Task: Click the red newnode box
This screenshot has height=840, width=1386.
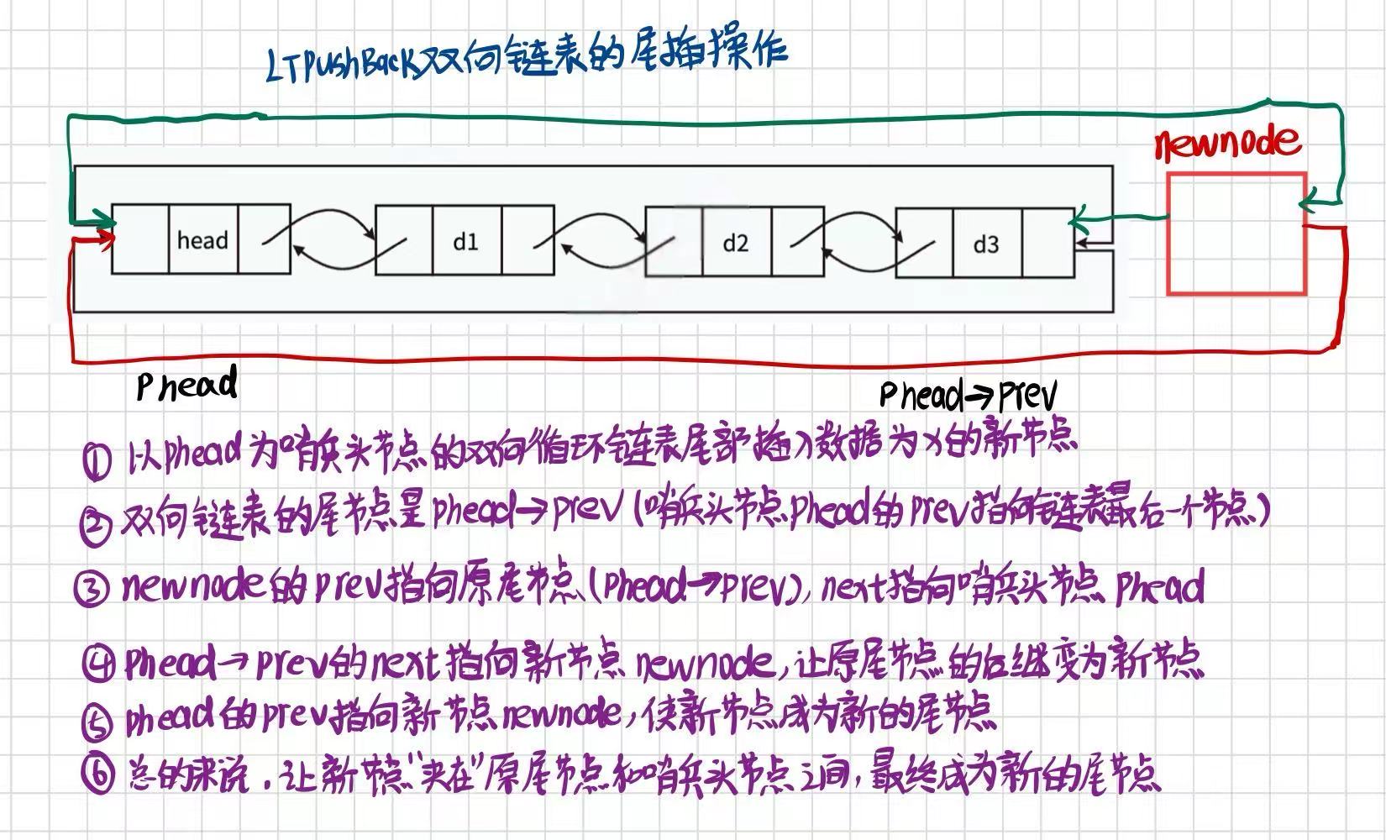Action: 1236,234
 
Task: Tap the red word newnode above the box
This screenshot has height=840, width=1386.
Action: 1227,144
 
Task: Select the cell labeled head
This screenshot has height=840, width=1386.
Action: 202,240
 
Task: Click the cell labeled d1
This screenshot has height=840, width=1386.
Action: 466,242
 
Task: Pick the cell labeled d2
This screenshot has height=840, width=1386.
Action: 735,243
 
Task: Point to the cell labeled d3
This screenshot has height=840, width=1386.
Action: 986,244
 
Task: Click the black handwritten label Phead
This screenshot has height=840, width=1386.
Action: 187,386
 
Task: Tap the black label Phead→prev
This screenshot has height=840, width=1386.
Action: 967,395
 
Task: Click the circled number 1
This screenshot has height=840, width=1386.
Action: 97,460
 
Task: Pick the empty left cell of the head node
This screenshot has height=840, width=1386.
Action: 140,240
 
